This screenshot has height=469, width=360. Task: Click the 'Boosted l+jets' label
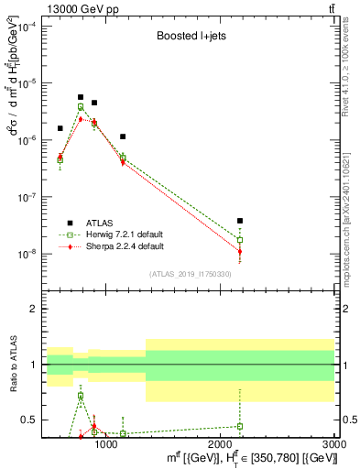point(191,38)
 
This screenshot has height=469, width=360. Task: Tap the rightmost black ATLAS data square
point(239,221)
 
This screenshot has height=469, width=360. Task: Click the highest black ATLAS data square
point(81,97)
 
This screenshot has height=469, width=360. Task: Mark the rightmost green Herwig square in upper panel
point(239,240)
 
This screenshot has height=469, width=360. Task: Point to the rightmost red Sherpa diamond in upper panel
point(239,251)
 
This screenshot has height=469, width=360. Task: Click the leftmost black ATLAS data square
point(60,128)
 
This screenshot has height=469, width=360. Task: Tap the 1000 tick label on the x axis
point(106,444)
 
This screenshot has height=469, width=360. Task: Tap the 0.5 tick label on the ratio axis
point(29,420)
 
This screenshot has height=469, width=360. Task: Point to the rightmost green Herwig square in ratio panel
point(239,426)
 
